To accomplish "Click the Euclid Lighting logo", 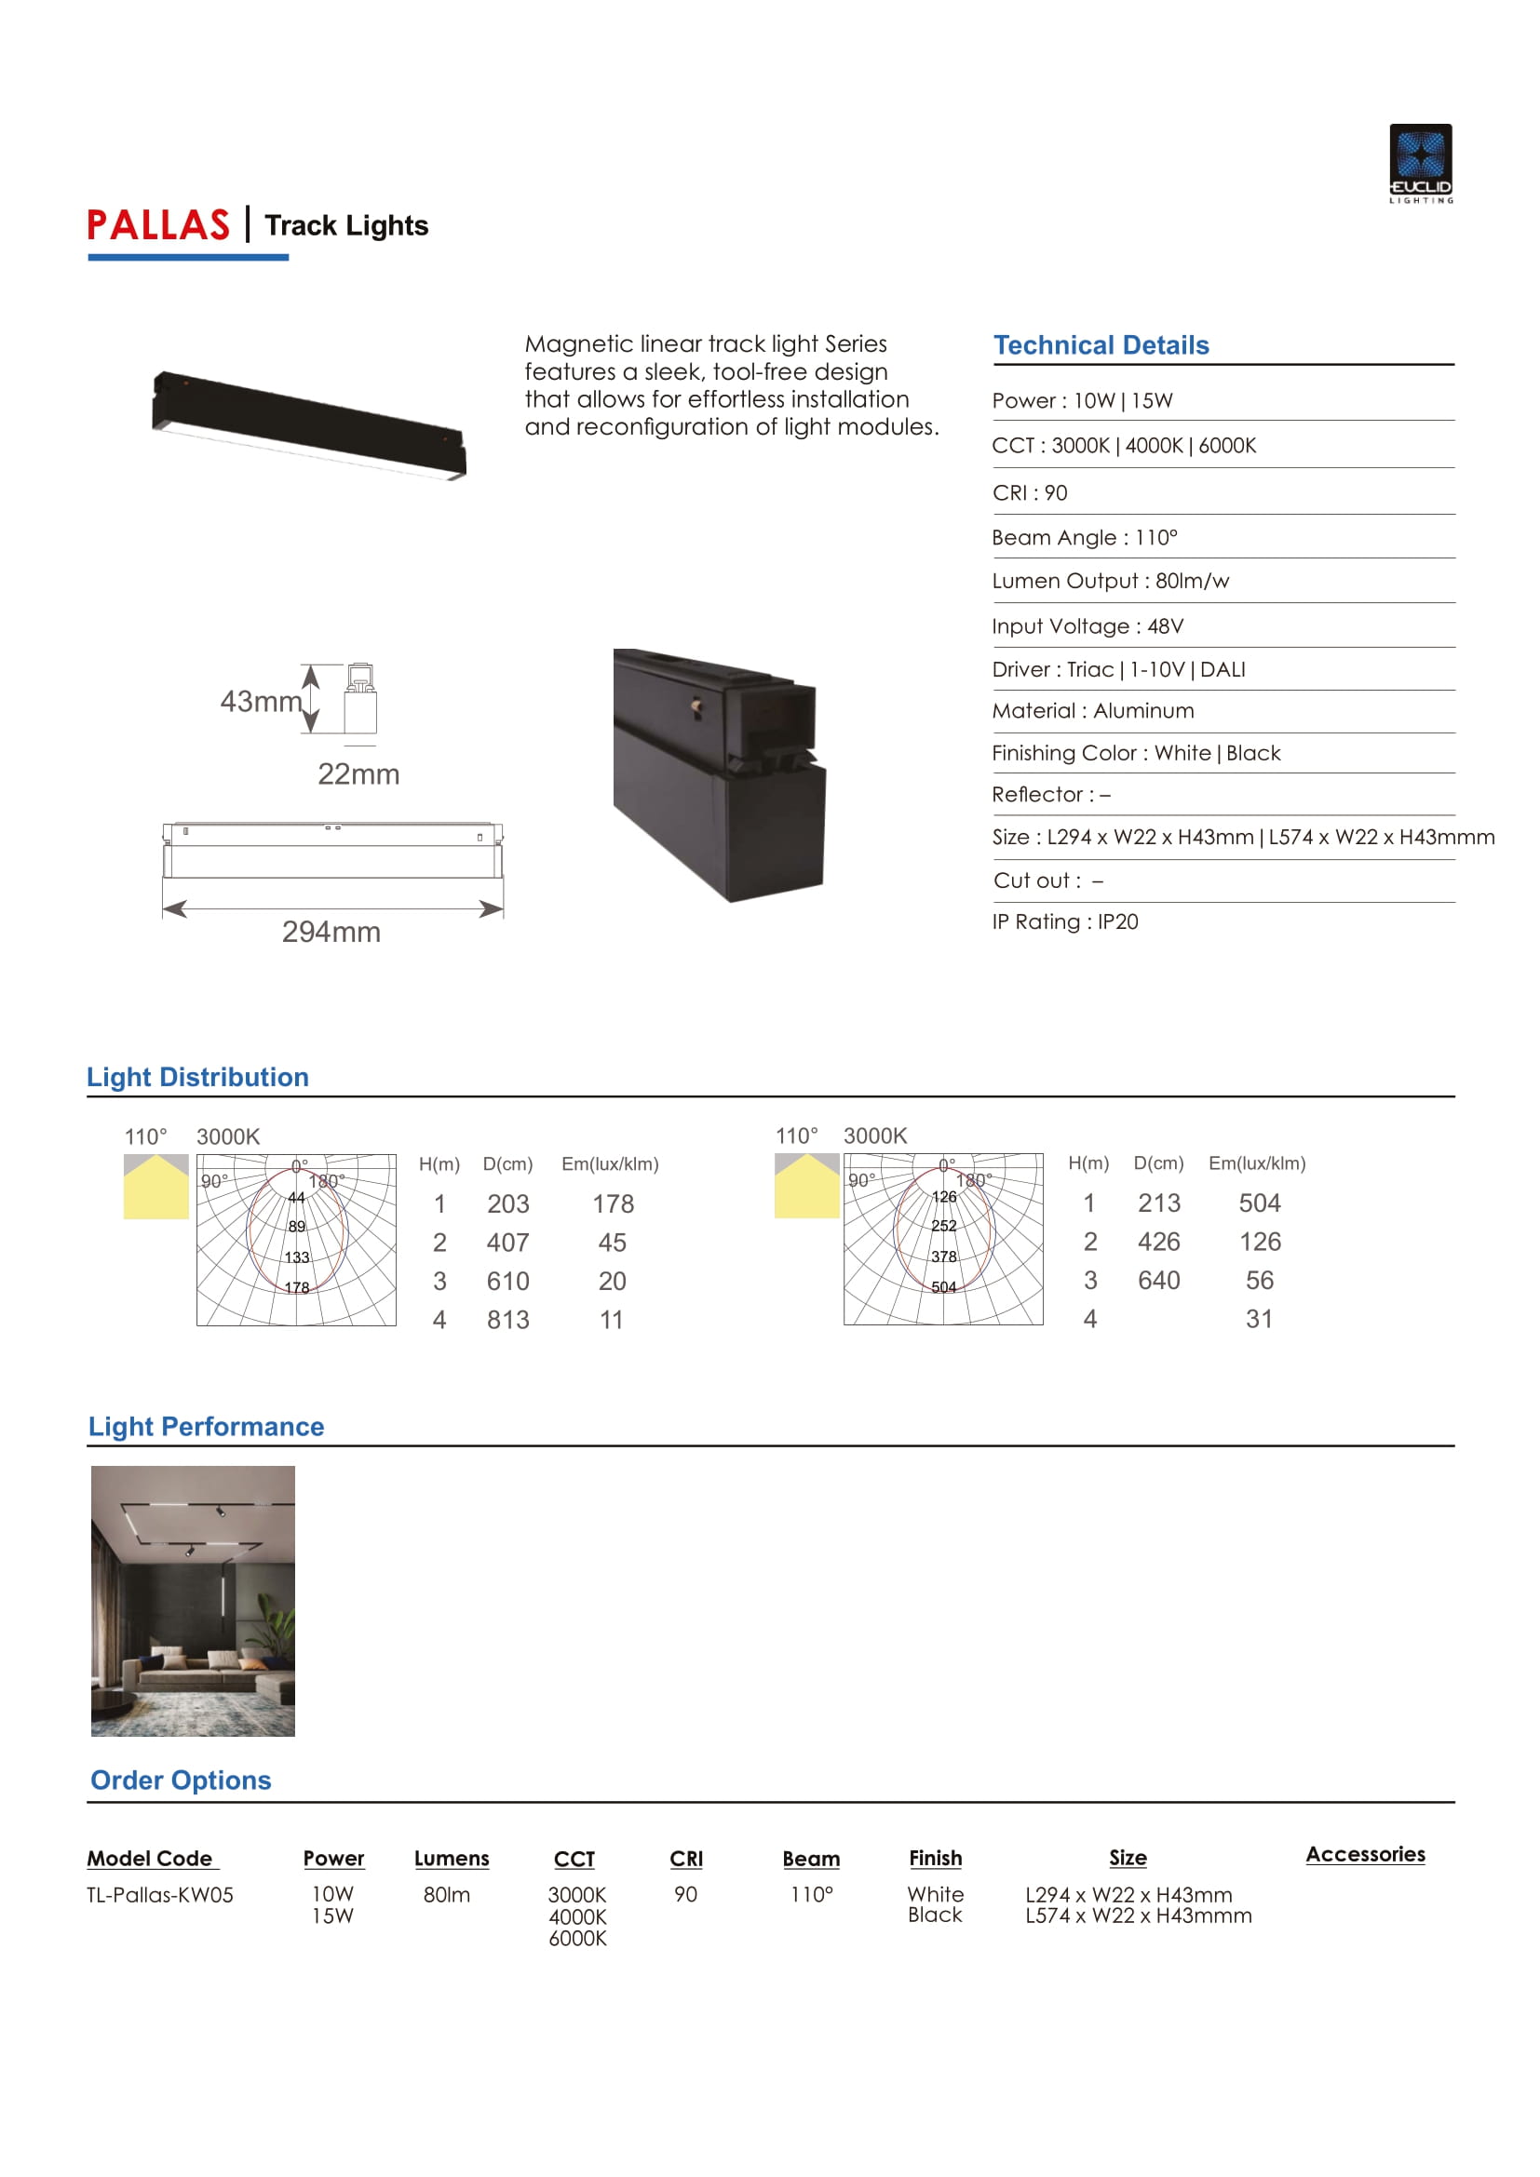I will click(x=1421, y=163).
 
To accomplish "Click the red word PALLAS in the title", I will click(x=158, y=225).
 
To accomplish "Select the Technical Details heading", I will click(x=1101, y=345).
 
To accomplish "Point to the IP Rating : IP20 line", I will click(x=1065, y=921).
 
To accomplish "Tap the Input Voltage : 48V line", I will click(x=1087, y=625).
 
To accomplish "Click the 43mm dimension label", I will click(x=260, y=702).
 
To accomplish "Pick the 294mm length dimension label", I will click(x=331, y=932).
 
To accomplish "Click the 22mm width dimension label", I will click(x=358, y=774).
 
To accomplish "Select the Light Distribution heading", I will click(x=197, y=1077).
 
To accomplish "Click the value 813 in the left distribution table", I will click(x=508, y=1320).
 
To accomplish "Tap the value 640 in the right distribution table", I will click(x=1159, y=1280).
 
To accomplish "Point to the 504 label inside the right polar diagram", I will click(x=943, y=1286).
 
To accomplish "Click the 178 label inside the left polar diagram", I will click(x=297, y=1287).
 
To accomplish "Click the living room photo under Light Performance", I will click(x=193, y=1601).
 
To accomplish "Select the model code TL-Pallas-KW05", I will click(x=159, y=1894).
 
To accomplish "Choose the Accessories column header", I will click(x=1365, y=1855).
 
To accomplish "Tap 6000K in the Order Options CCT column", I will click(x=577, y=1938).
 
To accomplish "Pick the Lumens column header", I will click(x=452, y=1859).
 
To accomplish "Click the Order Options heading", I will click(x=181, y=1780).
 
